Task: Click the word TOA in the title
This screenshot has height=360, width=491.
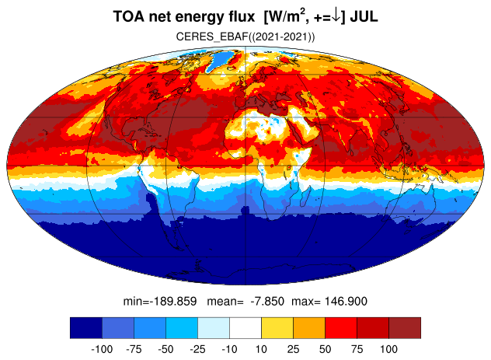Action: pyautogui.click(x=129, y=16)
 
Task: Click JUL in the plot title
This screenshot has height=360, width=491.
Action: pyautogui.click(x=364, y=16)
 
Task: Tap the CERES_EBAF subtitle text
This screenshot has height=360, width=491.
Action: pyautogui.click(x=245, y=37)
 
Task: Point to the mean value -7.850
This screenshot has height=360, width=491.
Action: pyautogui.click(x=267, y=302)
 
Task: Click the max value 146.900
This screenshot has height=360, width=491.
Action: pyautogui.click(x=346, y=302)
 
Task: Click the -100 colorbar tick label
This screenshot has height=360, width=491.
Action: pyautogui.click(x=102, y=349)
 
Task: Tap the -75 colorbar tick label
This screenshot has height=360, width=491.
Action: pyautogui.click(x=134, y=349)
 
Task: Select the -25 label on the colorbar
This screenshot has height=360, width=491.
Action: pyautogui.click(x=197, y=349)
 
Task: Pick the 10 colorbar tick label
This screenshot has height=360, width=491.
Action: pyautogui.click(x=261, y=349)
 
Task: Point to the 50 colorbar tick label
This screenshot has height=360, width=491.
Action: pyautogui.click(x=325, y=349)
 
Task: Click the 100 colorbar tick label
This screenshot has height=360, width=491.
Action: pyautogui.click(x=388, y=349)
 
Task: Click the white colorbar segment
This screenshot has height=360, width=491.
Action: pyautogui.click(x=245, y=327)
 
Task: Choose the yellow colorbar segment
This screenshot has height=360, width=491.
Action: pyautogui.click(x=277, y=327)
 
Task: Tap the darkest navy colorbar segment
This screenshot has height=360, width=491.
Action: pyautogui.click(x=86, y=327)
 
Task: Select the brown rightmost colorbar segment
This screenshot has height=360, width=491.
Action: pyautogui.click(x=405, y=327)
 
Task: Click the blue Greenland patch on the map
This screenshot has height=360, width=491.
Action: pyautogui.click(x=220, y=61)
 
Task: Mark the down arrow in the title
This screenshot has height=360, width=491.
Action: pyautogui.click(x=336, y=17)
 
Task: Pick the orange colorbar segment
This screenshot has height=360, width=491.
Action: pyautogui.click(x=309, y=327)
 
